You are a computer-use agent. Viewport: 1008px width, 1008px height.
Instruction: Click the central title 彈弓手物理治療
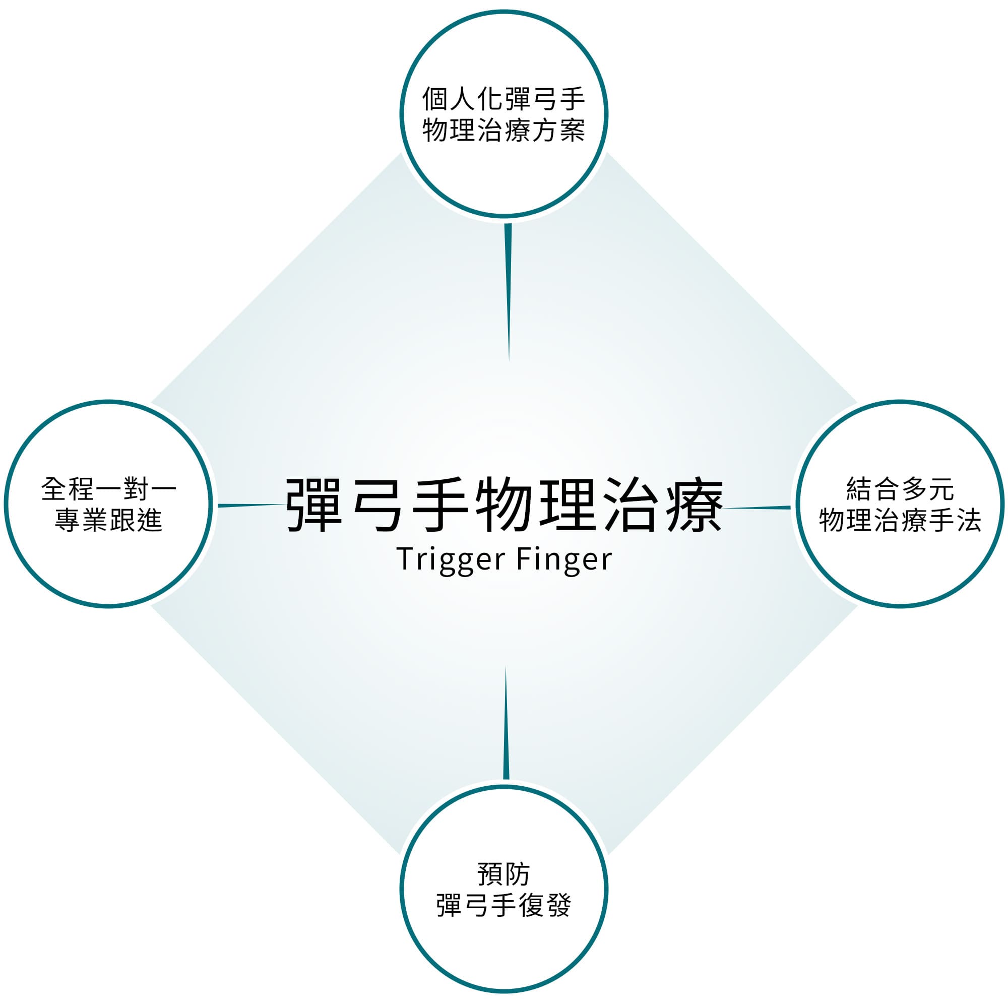pos(505,505)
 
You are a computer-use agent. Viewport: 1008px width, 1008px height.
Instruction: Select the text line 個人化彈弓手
pos(503,99)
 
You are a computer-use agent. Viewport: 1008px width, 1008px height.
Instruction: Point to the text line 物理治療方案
pos(503,130)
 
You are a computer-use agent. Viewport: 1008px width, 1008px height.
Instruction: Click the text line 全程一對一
pos(109,489)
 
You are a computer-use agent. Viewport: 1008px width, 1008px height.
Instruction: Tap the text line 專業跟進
pos(109,520)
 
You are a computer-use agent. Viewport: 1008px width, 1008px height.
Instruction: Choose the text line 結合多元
pos(901,489)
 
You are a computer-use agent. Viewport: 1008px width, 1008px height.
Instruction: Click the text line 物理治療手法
pos(901,520)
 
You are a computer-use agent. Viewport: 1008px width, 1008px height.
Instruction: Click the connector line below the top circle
pos(508,292)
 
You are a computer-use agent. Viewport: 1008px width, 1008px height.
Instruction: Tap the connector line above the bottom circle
pos(506,723)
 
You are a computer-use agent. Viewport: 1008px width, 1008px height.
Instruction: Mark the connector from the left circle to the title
pos(252,505)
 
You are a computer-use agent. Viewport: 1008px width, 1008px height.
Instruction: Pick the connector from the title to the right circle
pos(757,507)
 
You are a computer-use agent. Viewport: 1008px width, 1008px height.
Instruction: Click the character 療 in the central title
pos(694,505)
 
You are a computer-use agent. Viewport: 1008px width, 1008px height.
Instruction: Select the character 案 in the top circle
pos(572,130)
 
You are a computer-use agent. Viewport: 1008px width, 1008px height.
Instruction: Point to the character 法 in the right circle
pos(968,520)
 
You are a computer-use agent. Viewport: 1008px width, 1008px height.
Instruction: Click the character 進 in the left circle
pos(150,520)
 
